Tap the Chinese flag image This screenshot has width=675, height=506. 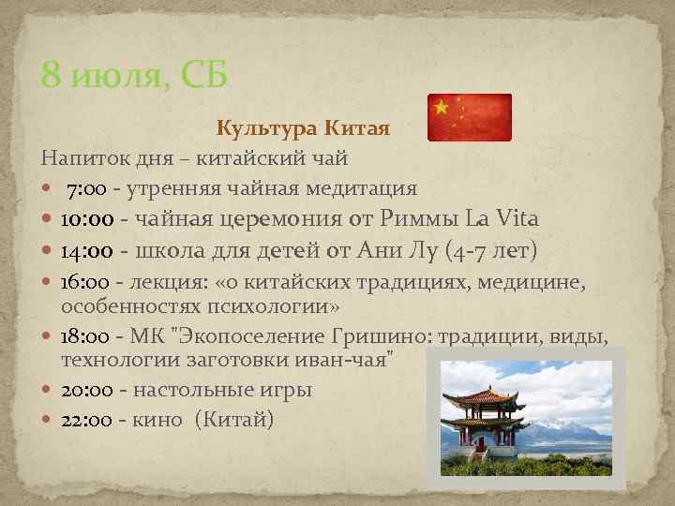click(x=469, y=117)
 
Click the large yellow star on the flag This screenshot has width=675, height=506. click(x=442, y=107)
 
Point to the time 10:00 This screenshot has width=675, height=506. click(x=87, y=220)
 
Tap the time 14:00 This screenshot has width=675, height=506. click(x=87, y=252)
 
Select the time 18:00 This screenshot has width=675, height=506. click(x=85, y=336)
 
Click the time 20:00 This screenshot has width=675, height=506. click(x=86, y=389)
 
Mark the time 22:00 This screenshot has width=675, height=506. click(x=86, y=420)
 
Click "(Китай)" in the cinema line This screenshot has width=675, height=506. click(x=234, y=420)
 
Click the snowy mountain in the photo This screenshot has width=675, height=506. click(x=572, y=427)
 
